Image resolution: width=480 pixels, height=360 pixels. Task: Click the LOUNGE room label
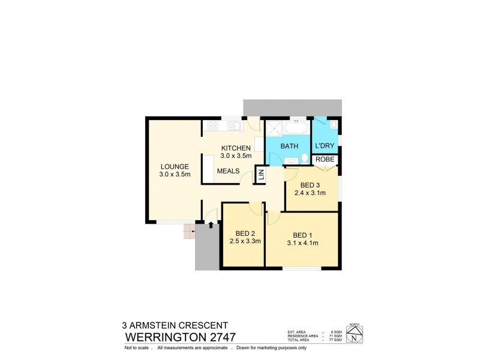[175, 166]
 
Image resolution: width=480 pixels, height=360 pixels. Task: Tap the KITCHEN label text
[235, 148]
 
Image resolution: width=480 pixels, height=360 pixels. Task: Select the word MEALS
[228, 171]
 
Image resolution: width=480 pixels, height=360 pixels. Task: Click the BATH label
[289, 146]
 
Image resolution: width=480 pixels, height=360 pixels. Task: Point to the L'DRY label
[325, 146]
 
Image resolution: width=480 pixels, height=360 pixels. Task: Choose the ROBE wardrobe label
[326, 160]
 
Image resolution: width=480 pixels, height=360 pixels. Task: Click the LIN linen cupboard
[260, 175]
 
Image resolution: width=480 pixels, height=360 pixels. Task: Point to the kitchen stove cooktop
[212, 126]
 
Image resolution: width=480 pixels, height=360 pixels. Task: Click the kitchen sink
[233, 126]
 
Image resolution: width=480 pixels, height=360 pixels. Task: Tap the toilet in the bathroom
[305, 158]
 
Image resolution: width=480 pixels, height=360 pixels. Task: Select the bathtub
[296, 128]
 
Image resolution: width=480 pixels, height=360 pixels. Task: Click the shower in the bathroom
[275, 128]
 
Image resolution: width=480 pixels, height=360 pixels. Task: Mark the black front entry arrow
[211, 224]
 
